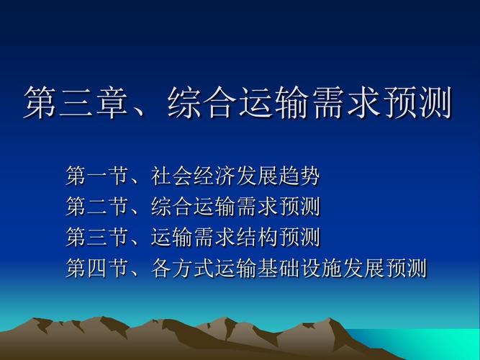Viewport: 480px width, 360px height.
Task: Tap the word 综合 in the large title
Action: click(x=202, y=102)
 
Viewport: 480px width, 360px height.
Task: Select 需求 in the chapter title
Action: click(x=345, y=102)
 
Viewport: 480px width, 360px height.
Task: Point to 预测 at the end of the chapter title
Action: click(x=417, y=102)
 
